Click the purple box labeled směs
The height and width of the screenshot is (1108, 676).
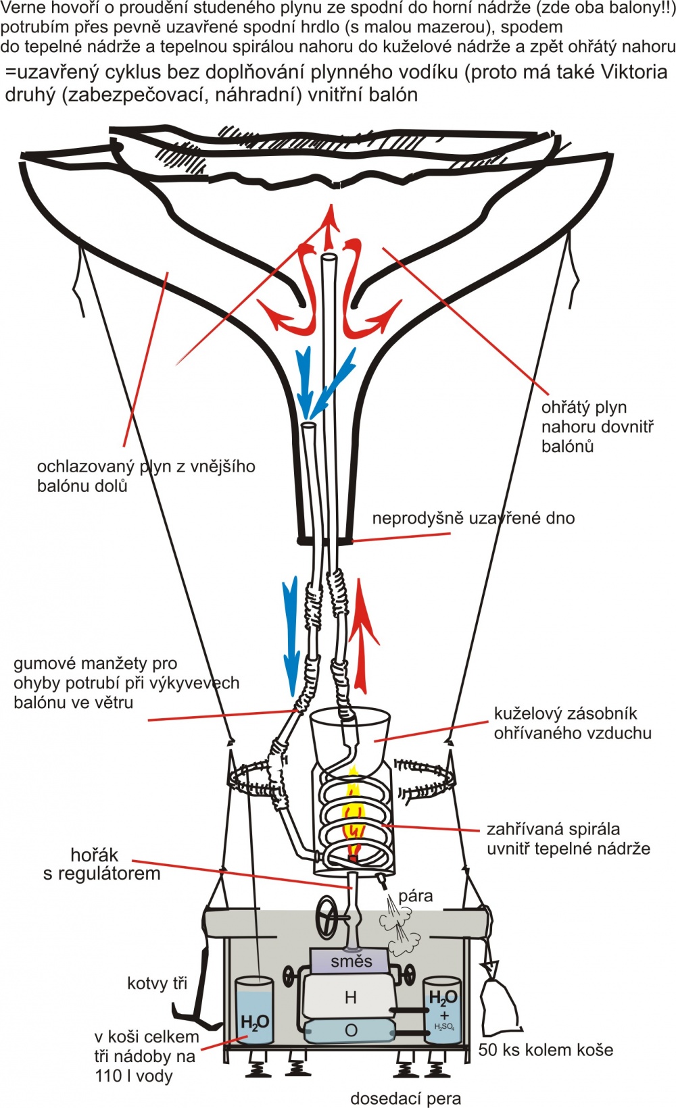click(351, 961)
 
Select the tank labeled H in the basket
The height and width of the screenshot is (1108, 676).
click(350, 997)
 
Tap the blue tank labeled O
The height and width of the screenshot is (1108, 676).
click(351, 1031)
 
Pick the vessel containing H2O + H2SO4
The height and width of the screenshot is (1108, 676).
click(442, 1010)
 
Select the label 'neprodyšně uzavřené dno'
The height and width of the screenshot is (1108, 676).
click(473, 518)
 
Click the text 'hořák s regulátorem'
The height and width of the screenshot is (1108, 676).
click(101, 864)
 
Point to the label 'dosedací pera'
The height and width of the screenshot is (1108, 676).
click(406, 1099)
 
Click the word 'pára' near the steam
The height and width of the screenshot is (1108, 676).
click(415, 897)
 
